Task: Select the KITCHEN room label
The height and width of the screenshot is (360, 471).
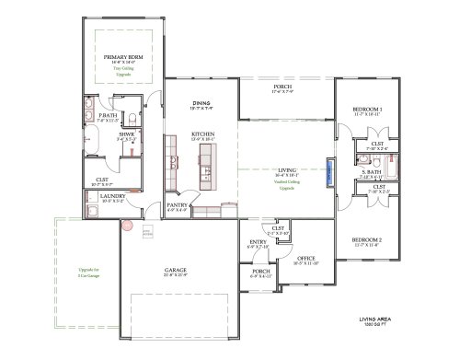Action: pos(203,134)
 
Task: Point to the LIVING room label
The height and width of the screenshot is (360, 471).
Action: pos(287,169)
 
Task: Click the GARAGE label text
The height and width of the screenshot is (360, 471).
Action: pos(176,269)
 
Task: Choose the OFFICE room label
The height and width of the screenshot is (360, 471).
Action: pos(305,258)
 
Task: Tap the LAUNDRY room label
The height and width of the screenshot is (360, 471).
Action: pos(113,195)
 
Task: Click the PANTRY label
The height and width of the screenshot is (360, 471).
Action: pos(177,205)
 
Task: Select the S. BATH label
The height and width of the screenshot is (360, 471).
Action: pos(372,172)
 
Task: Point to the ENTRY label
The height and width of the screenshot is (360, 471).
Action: pos(258,242)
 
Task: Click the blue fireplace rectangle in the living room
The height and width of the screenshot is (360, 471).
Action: pos(329,173)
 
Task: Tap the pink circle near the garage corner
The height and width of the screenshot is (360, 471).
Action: pos(129,222)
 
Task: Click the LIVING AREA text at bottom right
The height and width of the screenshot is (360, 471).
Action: pos(374,320)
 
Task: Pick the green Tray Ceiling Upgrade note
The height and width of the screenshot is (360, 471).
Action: pos(123,70)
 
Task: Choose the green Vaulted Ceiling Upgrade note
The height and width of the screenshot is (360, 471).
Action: pos(287,184)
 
